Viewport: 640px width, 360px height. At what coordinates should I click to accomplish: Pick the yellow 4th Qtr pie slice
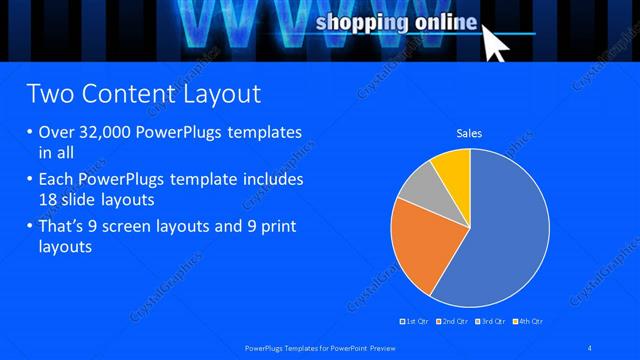(x=452, y=167)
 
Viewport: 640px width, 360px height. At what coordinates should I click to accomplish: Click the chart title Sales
(x=469, y=131)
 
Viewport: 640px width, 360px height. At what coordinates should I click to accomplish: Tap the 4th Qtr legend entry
(x=528, y=321)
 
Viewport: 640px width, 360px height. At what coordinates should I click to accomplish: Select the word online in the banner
(x=441, y=22)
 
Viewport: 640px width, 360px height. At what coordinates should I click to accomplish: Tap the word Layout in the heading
(x=218, y=94)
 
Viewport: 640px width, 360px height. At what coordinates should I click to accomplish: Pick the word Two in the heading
(x=47, y=94)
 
